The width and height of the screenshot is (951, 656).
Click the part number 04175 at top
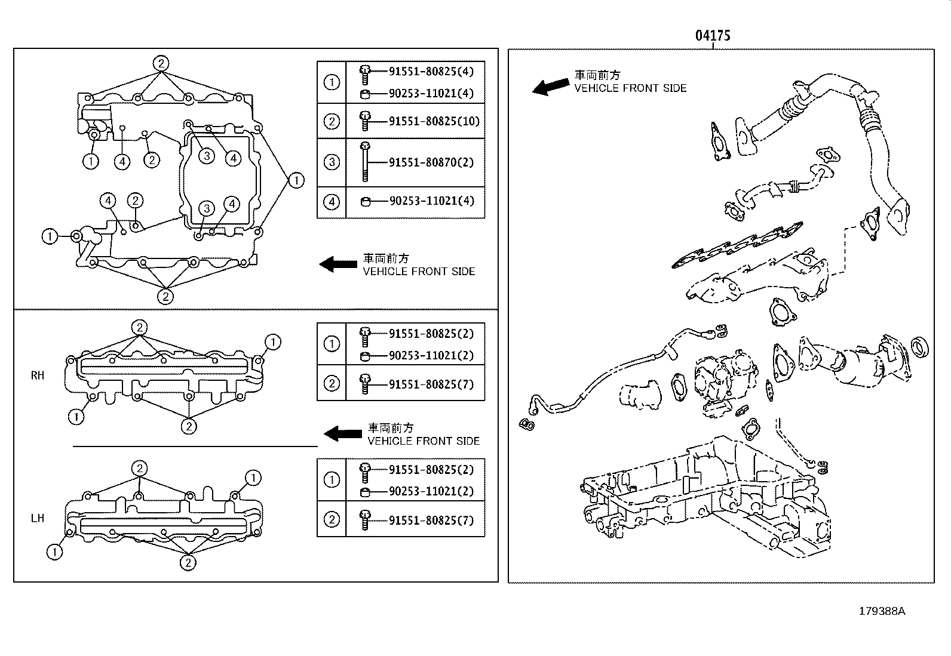(x=712, y=36)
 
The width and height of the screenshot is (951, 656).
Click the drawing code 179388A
(x=882, y=611)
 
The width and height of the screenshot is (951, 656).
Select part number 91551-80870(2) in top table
(x=431, y=162)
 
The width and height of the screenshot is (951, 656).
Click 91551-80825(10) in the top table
(x=434, y=121)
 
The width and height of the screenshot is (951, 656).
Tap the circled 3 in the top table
(x=332, y=162)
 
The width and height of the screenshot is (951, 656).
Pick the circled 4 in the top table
(x=332, y=202)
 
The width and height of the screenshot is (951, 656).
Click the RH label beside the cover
(x=38, y=375)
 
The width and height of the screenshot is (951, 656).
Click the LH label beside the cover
(x=38, y=518)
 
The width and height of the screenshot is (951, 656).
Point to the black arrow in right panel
(x=550, y=87)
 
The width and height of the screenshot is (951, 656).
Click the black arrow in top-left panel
(x=338, y=264)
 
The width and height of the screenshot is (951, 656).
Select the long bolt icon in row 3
(x=365, y=162)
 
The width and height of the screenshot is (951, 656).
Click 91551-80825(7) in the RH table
(x=431, y=384)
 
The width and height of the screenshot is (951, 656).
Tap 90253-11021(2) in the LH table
(x=431, y=491)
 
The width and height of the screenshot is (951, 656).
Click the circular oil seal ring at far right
(x=919, y=347)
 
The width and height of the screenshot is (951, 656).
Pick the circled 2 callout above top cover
(x=161, y=63)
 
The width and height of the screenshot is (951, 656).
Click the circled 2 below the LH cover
(x=188, y=562)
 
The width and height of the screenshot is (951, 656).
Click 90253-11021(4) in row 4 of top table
(x=431, y=201)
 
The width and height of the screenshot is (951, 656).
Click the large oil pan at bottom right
(x=705, y=501)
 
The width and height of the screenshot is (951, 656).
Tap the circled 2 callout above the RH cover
(x=139, y=327)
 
